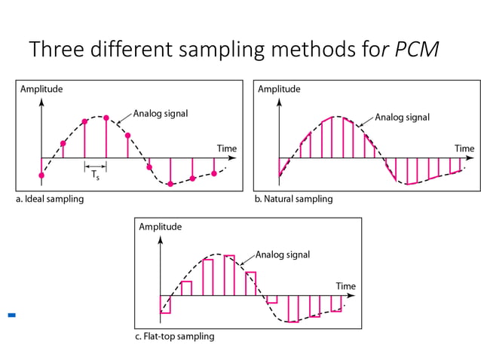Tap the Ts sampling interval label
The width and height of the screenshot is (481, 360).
click(95, 175)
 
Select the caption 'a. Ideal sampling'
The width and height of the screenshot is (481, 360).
click(50, 200)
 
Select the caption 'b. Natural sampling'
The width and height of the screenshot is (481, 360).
click(293, 200)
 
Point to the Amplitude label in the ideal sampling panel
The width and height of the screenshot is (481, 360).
click(41, 89)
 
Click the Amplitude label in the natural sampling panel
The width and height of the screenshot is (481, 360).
click(279, 89)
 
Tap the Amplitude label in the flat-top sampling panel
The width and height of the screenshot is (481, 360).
click(161, 226)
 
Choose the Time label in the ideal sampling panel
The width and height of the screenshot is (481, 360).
click(226, 148)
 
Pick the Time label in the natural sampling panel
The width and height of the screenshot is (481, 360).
click(464, 148)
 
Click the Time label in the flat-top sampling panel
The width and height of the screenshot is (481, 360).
click(345, 286)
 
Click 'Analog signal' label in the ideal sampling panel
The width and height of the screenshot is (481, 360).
click(161, 114)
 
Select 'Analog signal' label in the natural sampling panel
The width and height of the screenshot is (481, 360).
click(402, 117)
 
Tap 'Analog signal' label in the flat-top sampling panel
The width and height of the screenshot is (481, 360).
click(282, 255)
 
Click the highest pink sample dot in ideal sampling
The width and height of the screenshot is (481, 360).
click(106, 117)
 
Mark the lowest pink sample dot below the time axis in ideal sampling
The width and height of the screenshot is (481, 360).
click(171, 184)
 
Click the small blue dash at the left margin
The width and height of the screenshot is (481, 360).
click(11, 315)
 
